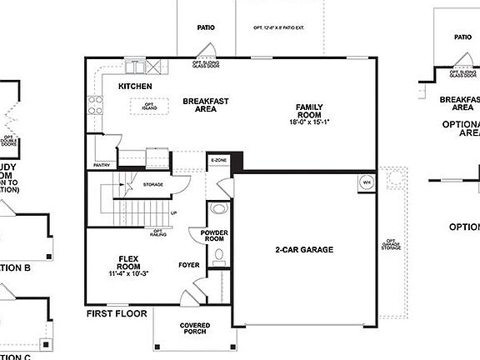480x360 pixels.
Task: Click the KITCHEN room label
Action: tap(135, 87)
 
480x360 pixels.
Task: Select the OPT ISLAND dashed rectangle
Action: tap(149, 105)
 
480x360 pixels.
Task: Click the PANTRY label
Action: tap(102, 165)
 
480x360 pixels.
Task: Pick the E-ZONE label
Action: tap(218, 159)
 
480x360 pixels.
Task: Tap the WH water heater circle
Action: tap(366, 182)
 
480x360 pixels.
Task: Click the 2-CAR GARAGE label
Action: tap(304, 249)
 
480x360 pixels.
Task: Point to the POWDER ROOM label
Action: tap(214, 235)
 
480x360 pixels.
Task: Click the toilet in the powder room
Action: tap(218, 209)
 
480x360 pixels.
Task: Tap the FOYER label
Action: tap(189, 265)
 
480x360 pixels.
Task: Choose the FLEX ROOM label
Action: tap(127, 259)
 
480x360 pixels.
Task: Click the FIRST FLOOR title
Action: tap(117, 314)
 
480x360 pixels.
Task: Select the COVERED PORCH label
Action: tap(194, 328)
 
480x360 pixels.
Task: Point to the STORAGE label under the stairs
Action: tap(152, 183)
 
